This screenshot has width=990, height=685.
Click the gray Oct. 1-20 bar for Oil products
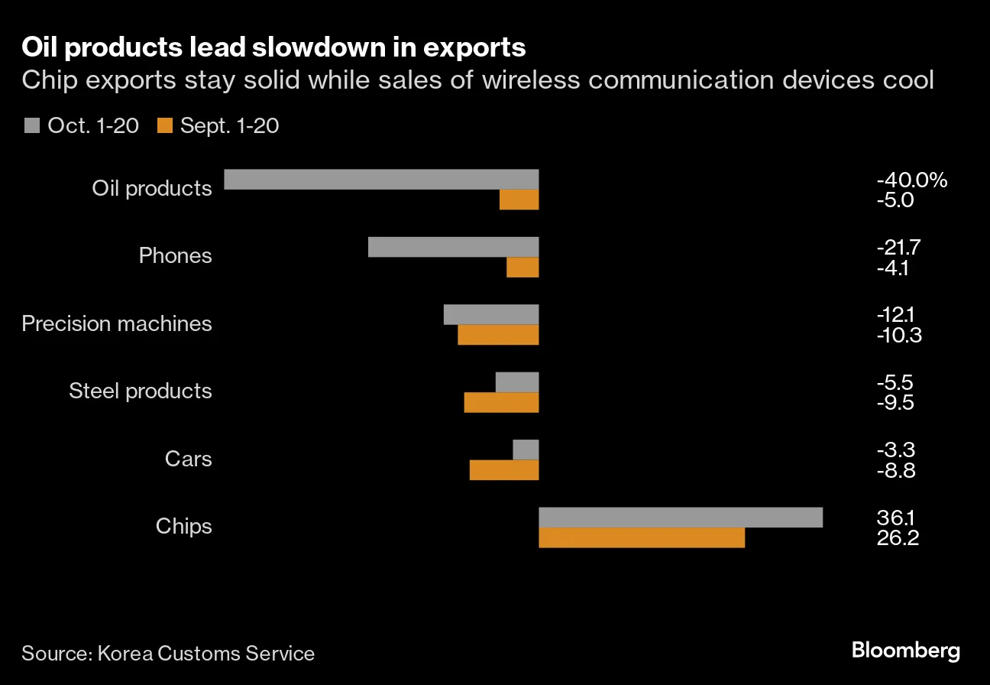pyautogui.click(x=381, y=179)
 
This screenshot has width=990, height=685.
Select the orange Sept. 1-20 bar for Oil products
pyautogui.click(x=519, y=200)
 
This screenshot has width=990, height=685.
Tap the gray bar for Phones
pyautogui.click(x=454, y=247)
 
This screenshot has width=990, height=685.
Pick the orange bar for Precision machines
pyautogui.click(x=498, y=335)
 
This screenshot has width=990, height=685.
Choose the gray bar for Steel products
pyautogui.click(x=517, y=381)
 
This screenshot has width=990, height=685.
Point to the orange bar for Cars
pyautogui.click(x=504, y=469)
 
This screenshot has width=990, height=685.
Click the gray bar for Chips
pyautogui.click(x=681, y=517)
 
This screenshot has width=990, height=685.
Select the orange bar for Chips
pyautogui.click(x=642, y=537)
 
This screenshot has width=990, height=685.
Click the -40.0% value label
pyautogui.click(x=912, y=180)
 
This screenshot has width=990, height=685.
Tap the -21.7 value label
pyautogui.click(x=900, y=248)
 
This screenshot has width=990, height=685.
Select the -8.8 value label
pyautogui.click(x=896, y=470)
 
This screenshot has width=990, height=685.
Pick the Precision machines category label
pyautogui.click(x=117, y=323)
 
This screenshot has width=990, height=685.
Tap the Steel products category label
pyautogui.click(x=141, y=391)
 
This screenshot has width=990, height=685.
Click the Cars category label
pyautogui.click(x=188, y=459)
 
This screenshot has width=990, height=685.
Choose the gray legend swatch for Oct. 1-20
pyautogui.click(x=31, y=125)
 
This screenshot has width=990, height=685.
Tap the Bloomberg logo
pyautogui.click(x=906, y=651)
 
